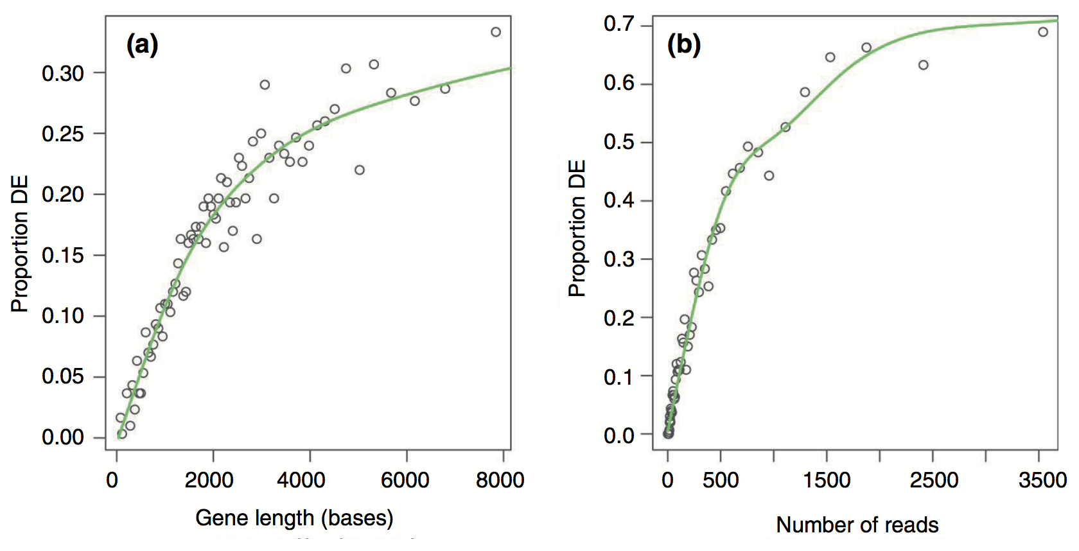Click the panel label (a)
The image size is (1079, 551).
click(142, 45)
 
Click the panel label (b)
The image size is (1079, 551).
click(683, 45)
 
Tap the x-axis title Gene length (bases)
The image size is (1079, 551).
click(294, 518)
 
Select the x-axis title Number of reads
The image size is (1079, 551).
click(857, 525)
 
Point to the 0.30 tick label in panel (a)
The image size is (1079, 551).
click(63, 73)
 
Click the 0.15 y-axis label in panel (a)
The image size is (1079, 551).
click(63, 256)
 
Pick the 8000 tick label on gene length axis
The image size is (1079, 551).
click(500, 480)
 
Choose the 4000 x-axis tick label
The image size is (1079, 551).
click(301, 480)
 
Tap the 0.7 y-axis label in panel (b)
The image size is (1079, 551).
click(619, 24)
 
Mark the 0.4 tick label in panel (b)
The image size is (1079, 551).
click(619, 200)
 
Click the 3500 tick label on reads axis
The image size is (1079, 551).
click(1042, 480)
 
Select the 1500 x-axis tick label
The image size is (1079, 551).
click(827, 480)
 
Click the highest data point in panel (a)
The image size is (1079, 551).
click(496, 32)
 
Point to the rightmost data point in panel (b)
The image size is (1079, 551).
click(1043, 32)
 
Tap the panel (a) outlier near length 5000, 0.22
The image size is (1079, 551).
click(360, 170)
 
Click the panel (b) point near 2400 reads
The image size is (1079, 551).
click(924, 65)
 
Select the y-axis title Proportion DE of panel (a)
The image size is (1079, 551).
click(20, 244)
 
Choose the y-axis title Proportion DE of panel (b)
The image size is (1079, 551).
click(577, 228)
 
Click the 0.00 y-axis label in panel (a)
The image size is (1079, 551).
click(63, 437)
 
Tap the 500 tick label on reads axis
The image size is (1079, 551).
click(721, 480)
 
